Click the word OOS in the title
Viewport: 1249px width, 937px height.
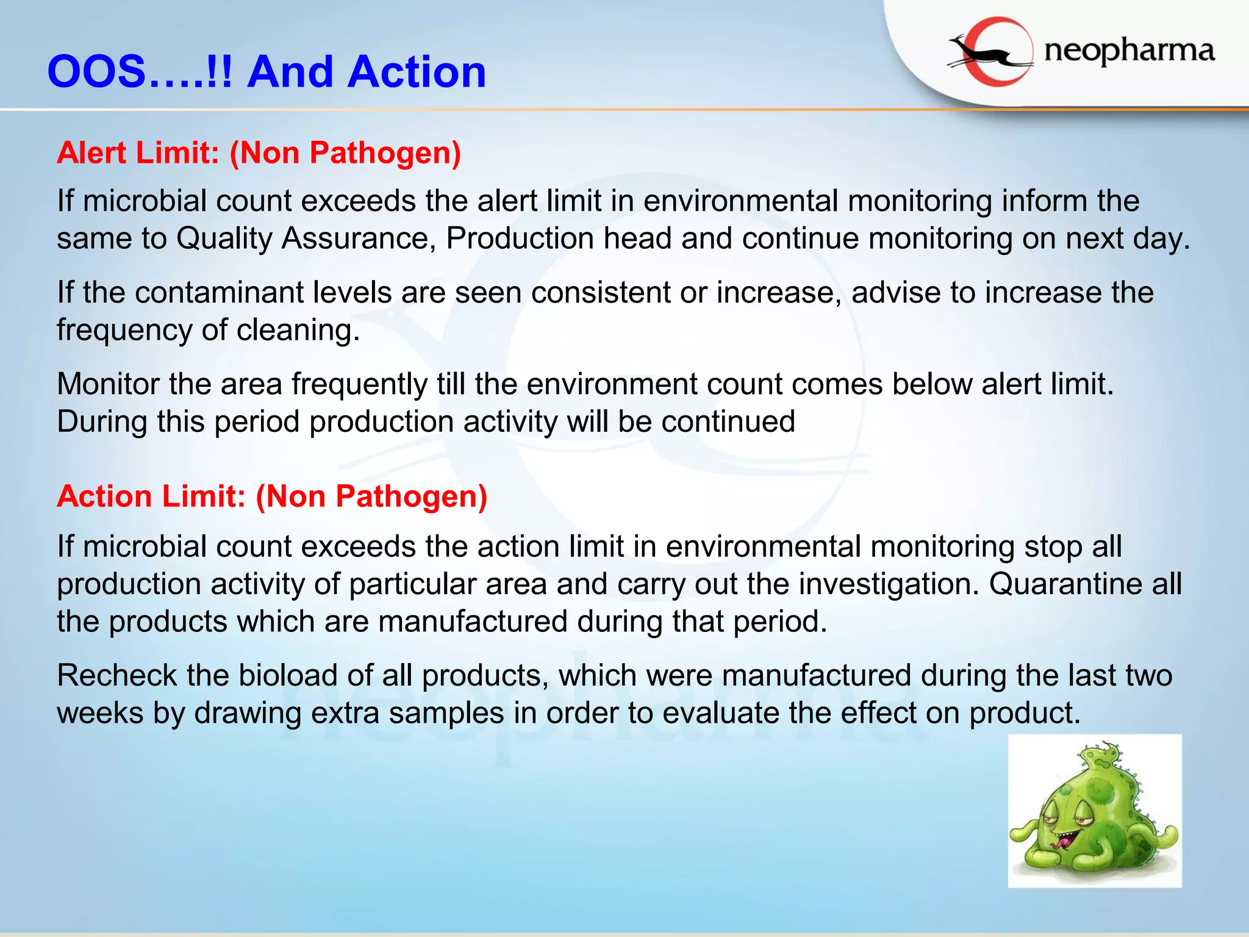pos(97,72)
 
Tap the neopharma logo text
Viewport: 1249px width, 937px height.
pos(1129,51)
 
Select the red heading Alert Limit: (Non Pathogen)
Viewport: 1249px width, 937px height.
pos(259,153)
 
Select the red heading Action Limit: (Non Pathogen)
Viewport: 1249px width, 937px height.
pos(272,497)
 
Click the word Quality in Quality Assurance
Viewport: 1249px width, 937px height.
pos(224,239)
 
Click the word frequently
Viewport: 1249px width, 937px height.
pos(359,384)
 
